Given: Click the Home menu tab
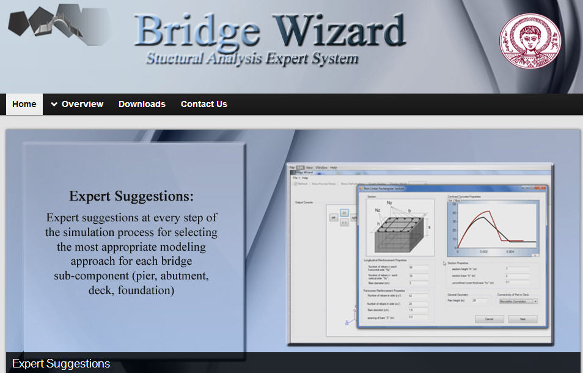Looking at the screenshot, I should point(24,104).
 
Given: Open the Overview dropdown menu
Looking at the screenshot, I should point(77,104).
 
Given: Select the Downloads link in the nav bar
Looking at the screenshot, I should point(142,104).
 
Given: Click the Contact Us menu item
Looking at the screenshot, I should point(204,104).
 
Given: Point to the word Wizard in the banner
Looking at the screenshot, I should point(339,31).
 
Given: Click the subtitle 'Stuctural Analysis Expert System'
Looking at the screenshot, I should point(252,59).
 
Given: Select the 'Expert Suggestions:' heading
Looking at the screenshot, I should point(131,196).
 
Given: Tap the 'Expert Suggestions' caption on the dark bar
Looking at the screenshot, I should point(61,364).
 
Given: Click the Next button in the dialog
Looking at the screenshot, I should point(522,319).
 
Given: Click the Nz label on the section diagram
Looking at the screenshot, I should point(378,210).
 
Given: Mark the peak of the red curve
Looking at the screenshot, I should point(487,212).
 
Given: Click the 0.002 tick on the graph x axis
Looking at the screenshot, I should point(483,252).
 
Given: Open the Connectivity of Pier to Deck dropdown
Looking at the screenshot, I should point(518,301).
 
